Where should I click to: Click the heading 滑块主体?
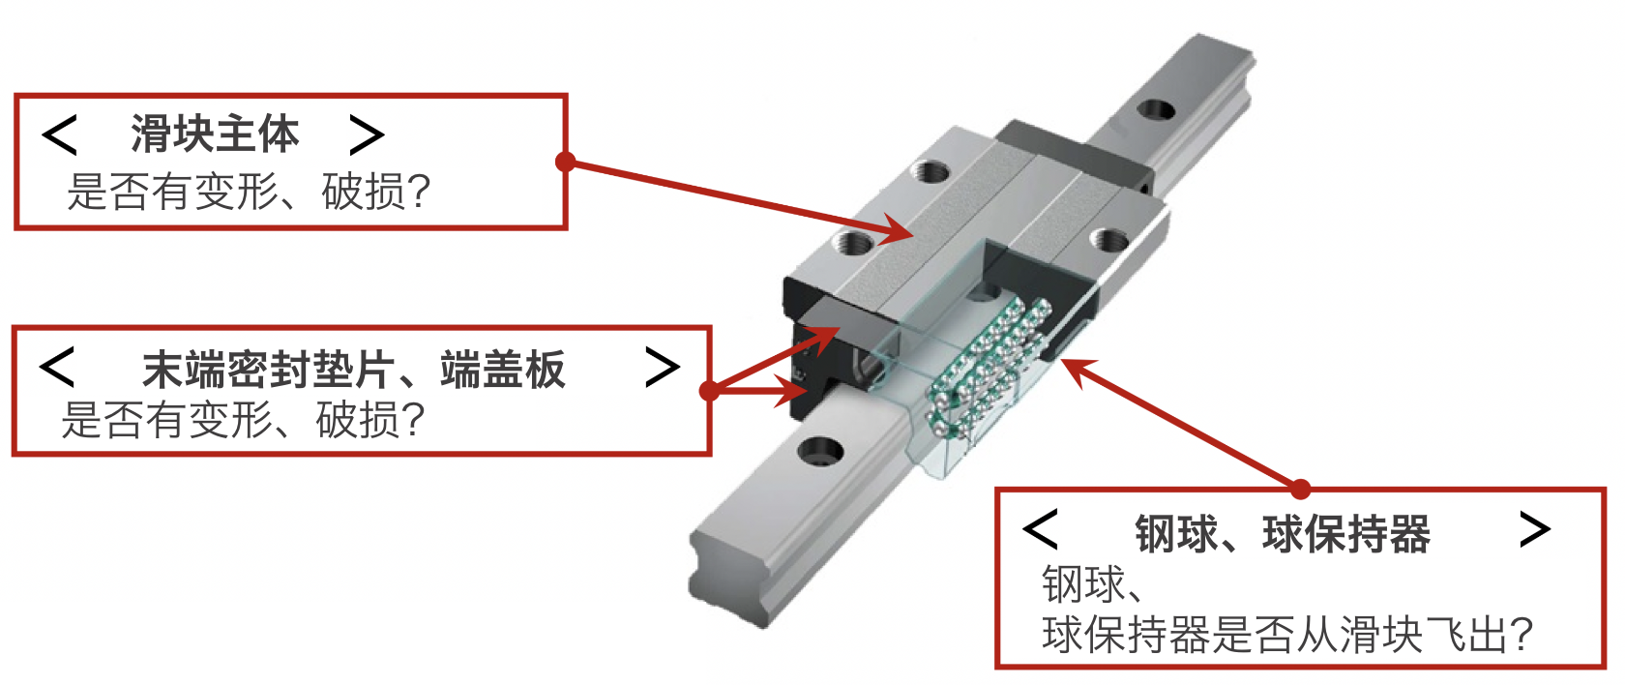[x=215, y=134]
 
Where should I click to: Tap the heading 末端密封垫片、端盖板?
[x=353, y=370]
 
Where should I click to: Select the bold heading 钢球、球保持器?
[x=1283, y=534]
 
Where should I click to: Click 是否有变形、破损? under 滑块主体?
[x=249, y=192]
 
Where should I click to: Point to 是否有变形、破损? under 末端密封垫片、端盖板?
[x=243, y=420]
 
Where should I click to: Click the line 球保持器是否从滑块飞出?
[x=1287, y=635]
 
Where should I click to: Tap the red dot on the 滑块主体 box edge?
[x=565, y=162]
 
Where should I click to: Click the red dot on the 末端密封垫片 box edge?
[x=710, y=391]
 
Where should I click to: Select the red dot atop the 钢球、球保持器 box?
[x=1301, y=490]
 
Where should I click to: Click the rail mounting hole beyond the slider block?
[x=1156, y=109]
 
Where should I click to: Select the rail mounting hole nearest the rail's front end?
[x=820, y=451]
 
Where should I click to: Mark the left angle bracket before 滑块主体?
[x=60, y=134]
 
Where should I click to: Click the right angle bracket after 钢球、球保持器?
[x=1535, y=529]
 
